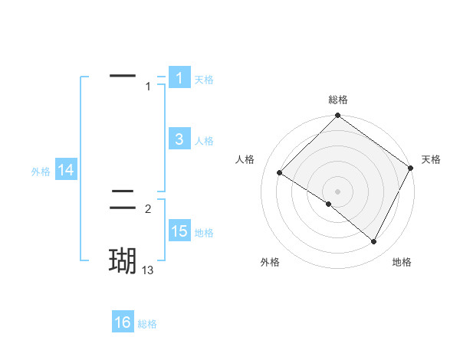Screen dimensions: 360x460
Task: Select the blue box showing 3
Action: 179,139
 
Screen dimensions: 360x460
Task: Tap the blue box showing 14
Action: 66,171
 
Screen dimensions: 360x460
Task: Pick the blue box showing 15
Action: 179,231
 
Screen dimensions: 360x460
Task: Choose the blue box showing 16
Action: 123,322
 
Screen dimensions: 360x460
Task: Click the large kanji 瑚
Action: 123,261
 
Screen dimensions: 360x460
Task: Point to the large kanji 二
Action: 123,200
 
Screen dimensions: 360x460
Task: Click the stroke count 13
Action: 148,270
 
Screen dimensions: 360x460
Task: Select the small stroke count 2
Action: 148,209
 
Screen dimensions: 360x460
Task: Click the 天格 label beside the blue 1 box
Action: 204,79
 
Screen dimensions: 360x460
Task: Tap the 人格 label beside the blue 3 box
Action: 204,140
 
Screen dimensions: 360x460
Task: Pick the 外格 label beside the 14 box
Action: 41,172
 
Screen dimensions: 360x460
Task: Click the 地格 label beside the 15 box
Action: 204,233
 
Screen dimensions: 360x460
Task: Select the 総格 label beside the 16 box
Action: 147,324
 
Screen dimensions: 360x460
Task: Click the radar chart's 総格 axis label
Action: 337,100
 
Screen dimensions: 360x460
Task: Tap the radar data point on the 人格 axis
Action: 280,172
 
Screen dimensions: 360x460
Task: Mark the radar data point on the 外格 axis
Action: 329,205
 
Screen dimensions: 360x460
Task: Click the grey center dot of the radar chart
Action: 337,191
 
